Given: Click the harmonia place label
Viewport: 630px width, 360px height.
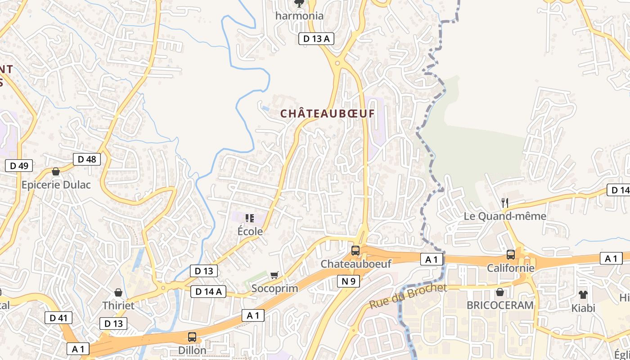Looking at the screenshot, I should pyautogui.click(x=299, y=16).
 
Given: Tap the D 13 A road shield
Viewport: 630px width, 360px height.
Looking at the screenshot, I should pyautogui.click(x=316, y=39).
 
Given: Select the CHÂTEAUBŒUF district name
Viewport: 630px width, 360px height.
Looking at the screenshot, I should pyautogui.click(x=327, y=114).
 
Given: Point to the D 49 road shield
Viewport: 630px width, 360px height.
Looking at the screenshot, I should pyautogui.click(x=19, y=166).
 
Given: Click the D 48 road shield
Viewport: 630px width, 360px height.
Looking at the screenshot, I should pyautogui.click(x=87, y=159).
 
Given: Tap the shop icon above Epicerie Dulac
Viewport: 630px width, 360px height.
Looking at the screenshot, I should pyautogui.click(x=56, y=171).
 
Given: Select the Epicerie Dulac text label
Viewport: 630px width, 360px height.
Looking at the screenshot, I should pyautogui.click(x=56, y=185).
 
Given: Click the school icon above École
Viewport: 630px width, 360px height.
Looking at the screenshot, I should pyautogui.click(x=250, y=218).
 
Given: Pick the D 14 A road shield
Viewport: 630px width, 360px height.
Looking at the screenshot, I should pyautogui.click(x=208, y=292).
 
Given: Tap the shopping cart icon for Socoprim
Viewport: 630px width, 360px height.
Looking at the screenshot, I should pyautogui.click(x=274, y=275).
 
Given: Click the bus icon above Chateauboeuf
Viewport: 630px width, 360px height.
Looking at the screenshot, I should pyautogui.click(x=355, y=251).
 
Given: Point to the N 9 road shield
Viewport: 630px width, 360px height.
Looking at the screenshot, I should pyautogui.click(x=348, y=282).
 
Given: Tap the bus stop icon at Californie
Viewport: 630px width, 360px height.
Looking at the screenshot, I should pyautogui.click(x=511, y=255).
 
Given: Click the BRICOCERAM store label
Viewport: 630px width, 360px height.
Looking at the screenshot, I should pyautogui.click(x=500, y=305).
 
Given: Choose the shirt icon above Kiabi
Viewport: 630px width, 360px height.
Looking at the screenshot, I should pyautogui.click(x=583, y=295).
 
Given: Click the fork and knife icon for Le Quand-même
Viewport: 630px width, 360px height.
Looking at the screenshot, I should pyautogui.click(x=505, y=203).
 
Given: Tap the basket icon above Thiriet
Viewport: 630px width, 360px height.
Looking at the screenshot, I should pyautogui.click(x=118, y=292).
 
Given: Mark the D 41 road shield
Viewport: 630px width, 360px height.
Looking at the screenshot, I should pyautogui.click(x=58, y=318).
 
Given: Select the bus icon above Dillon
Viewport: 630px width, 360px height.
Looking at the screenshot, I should pyautogui.click(x=192, y=337).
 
